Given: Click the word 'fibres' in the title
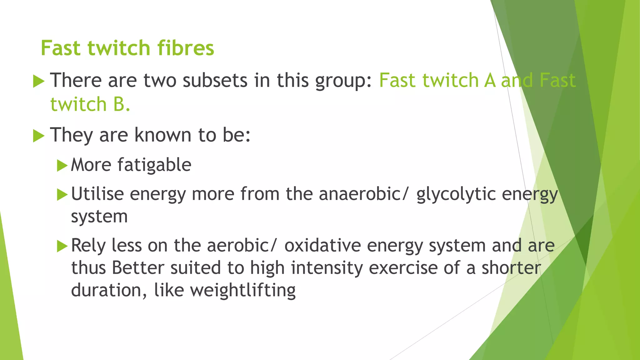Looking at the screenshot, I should pyautogui.click(x=185, y=48).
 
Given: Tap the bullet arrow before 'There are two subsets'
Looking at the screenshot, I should pyautogui.click(x=38, y=81).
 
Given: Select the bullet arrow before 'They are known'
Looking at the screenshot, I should pyautogui.click(x=38, y=136).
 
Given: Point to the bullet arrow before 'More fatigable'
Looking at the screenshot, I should pyautogui.click(x=62, y=166).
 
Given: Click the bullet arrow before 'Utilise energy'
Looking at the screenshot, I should pyautogui.click(x=62, y=195).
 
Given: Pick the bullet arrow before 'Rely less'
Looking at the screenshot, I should pyautogui.click(x=62, y=246).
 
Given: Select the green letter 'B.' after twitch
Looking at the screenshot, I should pyautogui.click(x=122, y=104).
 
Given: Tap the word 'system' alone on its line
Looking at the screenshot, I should pyautogui.click(x=99, y=217).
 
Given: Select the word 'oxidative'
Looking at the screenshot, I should pyautogui.click(x=322, y=246).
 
